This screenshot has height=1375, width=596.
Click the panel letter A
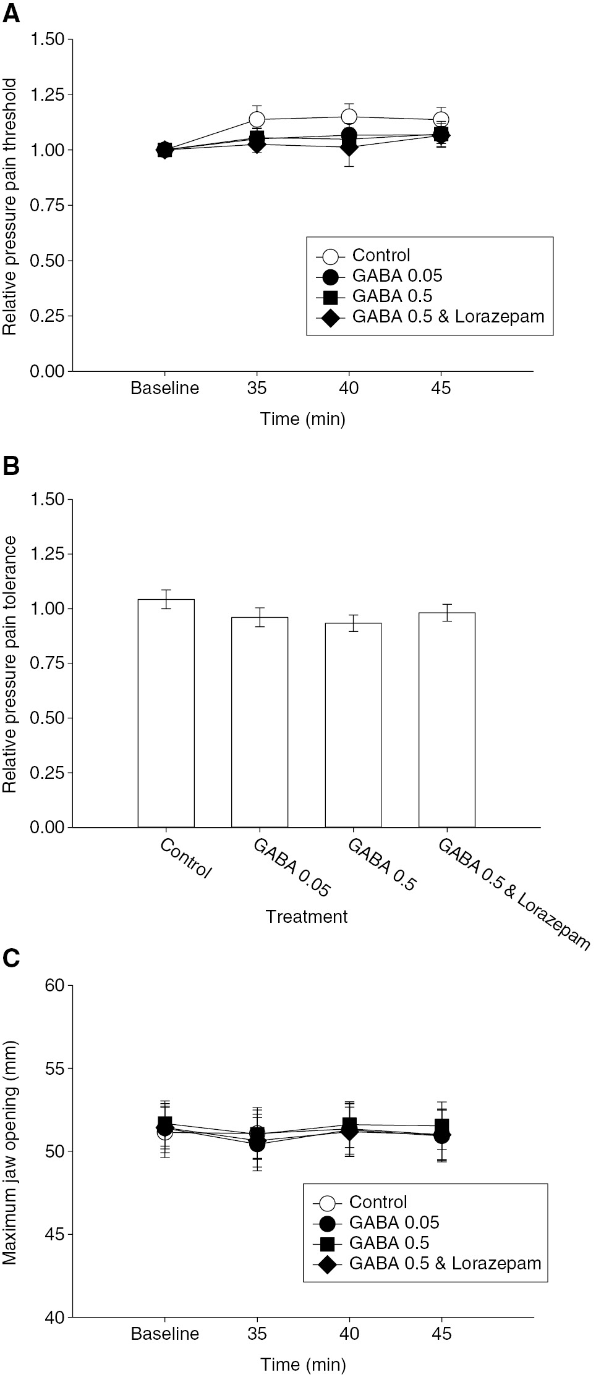point(12,13)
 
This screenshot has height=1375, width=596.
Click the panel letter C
point(12,957)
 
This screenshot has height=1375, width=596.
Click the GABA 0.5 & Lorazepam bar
point(446,720)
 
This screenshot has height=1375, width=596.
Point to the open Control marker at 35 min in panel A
point(257,119)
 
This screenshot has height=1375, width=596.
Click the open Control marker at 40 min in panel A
point(349,117)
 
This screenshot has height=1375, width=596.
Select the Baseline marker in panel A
point(164,149)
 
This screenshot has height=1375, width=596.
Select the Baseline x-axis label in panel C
point(164,1334)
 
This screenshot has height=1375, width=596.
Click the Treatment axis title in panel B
point(307,917)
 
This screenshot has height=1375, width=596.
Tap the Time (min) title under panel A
point(303,419)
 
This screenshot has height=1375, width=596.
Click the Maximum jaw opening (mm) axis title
point(11,1151)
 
